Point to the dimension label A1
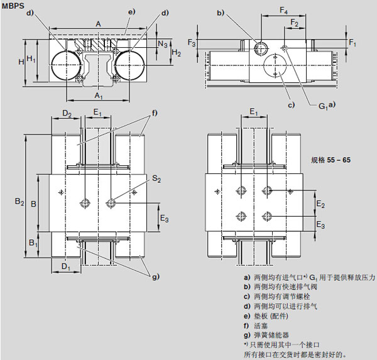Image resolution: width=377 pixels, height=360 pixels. coord(99,96)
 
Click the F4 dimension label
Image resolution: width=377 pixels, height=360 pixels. coord(285,11)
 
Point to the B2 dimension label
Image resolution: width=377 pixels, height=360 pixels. coord(19,202)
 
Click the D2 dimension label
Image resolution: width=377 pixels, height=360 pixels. coord(67,113)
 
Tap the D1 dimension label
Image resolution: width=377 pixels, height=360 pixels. coord(65,266)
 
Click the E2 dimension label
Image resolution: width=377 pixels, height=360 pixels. coord(320,205)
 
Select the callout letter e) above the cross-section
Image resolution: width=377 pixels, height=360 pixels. coord(131,12)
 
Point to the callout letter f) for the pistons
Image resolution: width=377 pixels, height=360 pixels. coord(154,113)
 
